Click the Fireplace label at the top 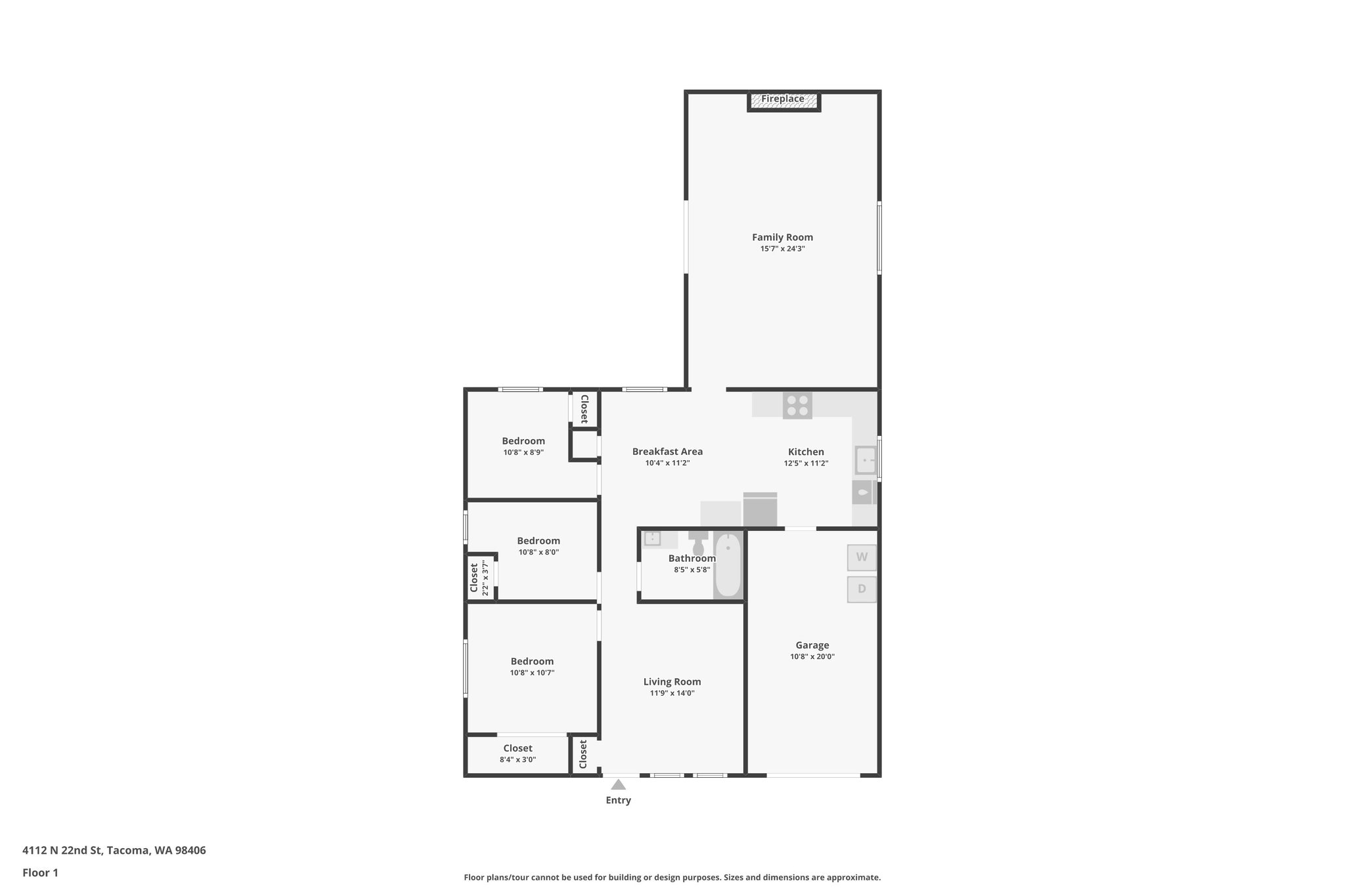[783, 99]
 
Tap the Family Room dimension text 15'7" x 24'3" [782, 249]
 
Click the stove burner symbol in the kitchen [797, 405]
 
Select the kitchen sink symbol [865, 460]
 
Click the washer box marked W [862, 557]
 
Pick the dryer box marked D [862, 589]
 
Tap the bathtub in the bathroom [728, 565]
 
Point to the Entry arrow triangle [618, 784]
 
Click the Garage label [812, 645]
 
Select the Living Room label [672, 682]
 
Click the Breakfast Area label [667, 452]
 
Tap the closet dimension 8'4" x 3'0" [518, 759]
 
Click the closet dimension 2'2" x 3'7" [485, 578]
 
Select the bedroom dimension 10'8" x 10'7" [532, 672]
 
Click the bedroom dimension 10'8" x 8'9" [523, 452]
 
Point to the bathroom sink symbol [652, 539]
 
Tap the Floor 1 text [40, 872]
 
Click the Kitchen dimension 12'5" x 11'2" [806, 463]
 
